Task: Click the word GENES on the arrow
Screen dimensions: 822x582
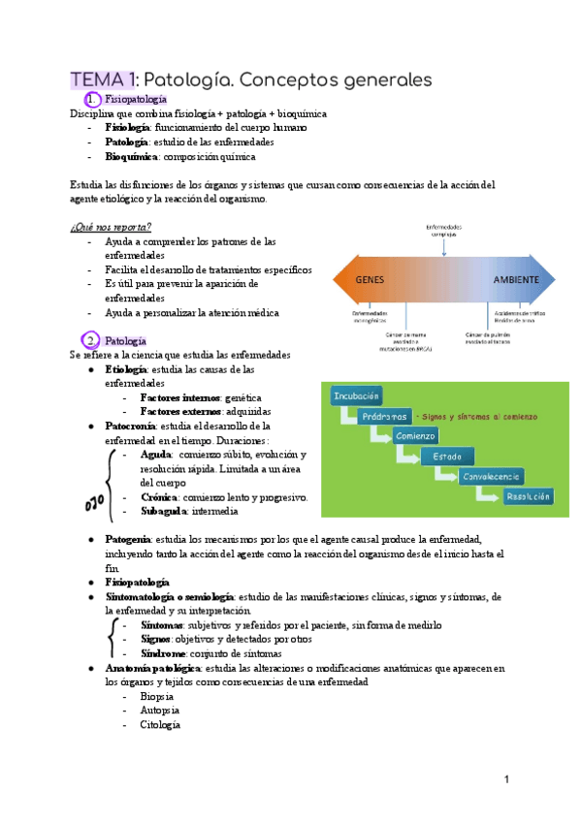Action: [372, 279]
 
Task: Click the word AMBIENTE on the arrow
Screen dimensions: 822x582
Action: [515, 279]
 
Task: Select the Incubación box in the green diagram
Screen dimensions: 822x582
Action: [356, 395]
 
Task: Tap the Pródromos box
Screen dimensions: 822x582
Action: [375, 416]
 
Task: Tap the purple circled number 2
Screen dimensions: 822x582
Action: [91, 341]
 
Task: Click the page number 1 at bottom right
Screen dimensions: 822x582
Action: [506, 780]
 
